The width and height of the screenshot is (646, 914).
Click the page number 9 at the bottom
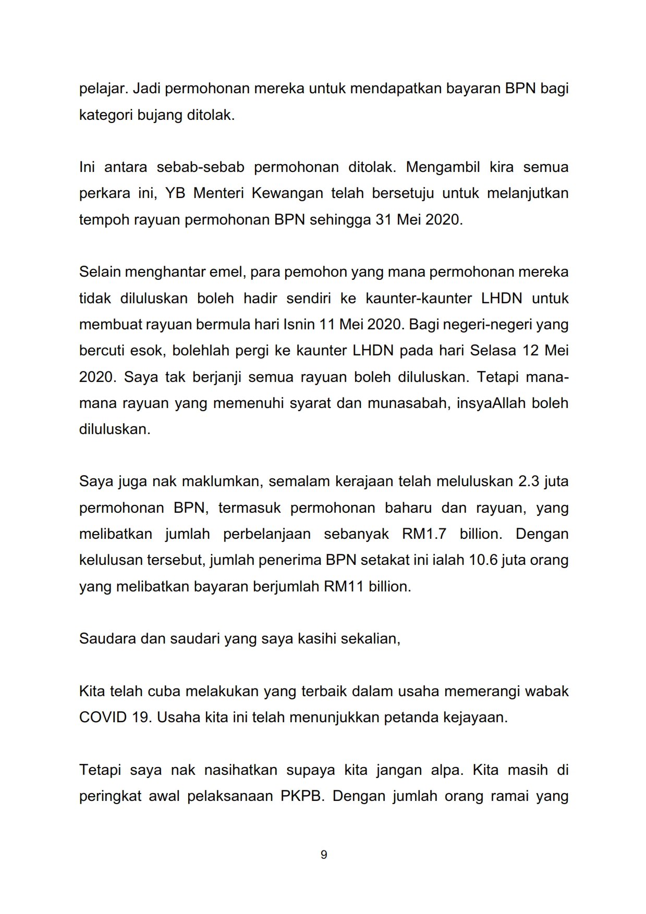[x=323, y=855]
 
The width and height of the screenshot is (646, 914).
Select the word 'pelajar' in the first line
[x=102, y=89]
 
